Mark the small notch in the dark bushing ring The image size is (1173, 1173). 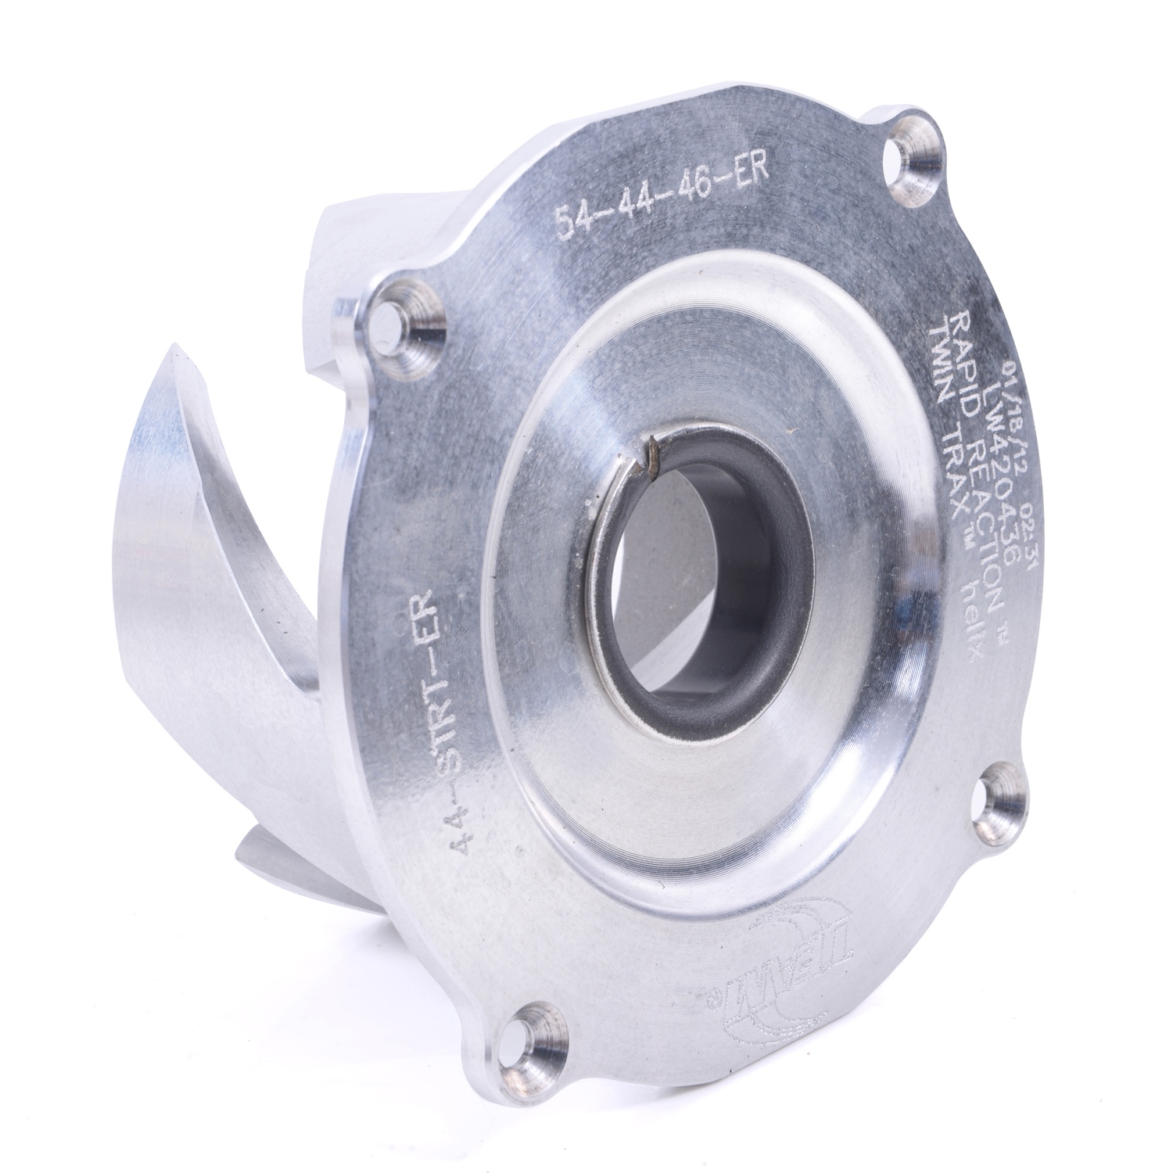point(646,463)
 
